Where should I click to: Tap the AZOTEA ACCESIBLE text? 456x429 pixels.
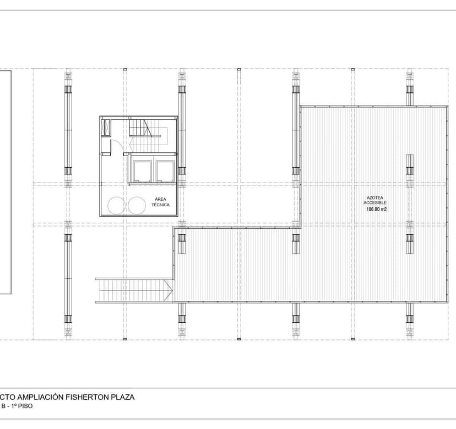coord(370,200)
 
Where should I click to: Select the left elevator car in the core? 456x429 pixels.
coord(141,170)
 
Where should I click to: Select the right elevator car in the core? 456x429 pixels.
coord(165,170)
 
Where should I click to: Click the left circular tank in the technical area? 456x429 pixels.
coord(116,206)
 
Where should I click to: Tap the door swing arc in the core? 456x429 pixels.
coord(117,145)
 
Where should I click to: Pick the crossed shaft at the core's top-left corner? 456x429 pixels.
coord(106,128)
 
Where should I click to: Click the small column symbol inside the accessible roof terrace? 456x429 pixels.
coord(409,164)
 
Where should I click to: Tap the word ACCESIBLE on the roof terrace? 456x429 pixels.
coord(370,202)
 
